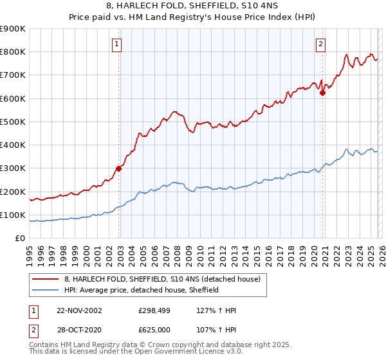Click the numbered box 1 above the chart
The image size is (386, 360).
point(116,44)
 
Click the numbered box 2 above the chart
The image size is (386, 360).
point(320,44)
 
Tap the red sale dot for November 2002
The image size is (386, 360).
point(119,169)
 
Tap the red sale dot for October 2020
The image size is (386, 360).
point(323,93)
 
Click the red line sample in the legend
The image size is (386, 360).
point(45,280)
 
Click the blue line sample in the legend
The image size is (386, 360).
point(45,291)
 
